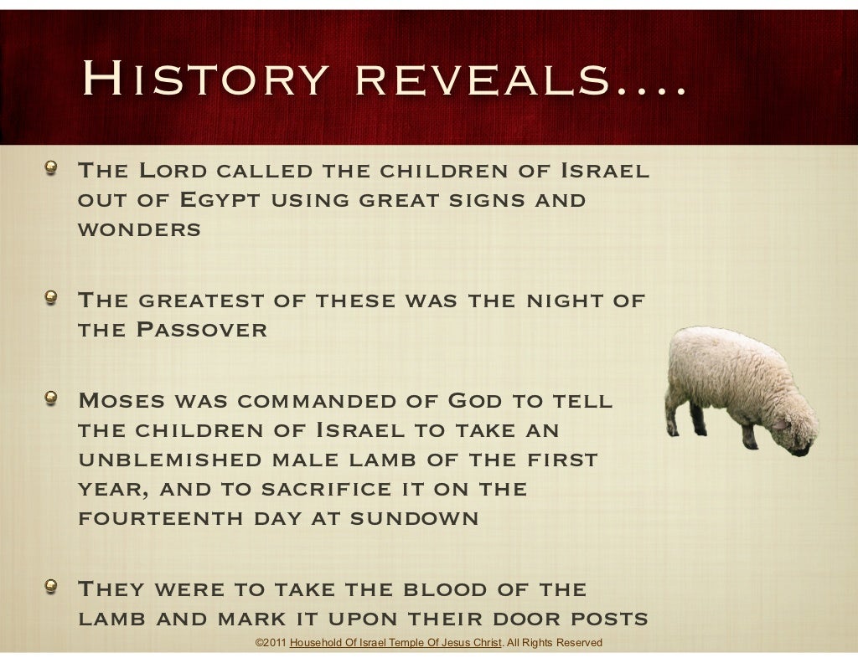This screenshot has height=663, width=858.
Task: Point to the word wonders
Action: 139,230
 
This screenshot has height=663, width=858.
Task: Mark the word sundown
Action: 414,518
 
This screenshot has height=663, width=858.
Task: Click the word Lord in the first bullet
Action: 172,172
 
